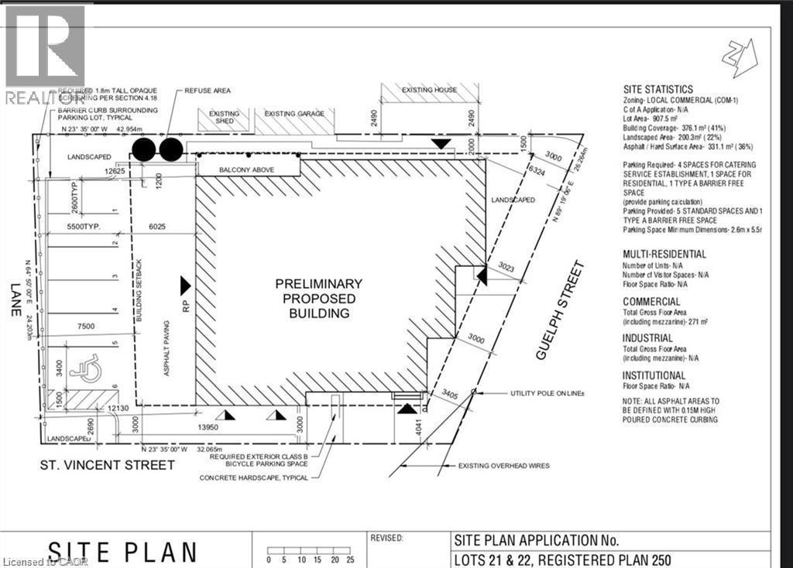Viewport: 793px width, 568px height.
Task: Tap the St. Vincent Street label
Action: point(107,464)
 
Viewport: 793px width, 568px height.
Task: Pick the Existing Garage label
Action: point(295,114)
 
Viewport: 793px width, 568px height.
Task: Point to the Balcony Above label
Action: point(245,168)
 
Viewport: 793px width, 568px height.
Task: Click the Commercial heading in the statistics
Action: point(651,302)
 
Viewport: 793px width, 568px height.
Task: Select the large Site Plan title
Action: point(122,551)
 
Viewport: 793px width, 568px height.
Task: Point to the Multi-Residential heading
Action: point(664,254)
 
